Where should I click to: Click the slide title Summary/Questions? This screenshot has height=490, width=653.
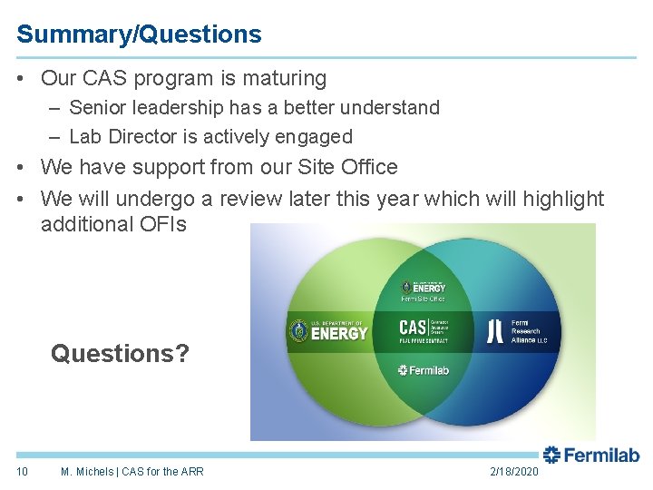tap(139, 34)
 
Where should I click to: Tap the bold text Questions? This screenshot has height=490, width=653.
tap(121, 353)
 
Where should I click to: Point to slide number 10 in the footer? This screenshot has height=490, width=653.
tap(23, 471)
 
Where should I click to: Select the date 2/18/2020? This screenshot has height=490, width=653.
tap(513, 471)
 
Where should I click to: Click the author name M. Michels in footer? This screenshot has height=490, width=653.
tap(87, 471)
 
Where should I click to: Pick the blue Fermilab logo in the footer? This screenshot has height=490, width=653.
tap(590, 455)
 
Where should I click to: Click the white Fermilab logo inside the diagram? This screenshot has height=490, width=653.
tap(423, 370)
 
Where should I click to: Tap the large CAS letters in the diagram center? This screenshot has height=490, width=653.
tap(413, 327)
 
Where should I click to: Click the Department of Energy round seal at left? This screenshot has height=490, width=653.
tap(298, 331)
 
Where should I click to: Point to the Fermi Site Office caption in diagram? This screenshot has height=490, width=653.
tap(423, 299)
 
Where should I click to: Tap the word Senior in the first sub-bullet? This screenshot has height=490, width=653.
tap(98, 108)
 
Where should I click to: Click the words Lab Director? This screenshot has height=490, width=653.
tap(122, 137)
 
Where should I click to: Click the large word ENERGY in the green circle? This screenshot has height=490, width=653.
tap(339, 333)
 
